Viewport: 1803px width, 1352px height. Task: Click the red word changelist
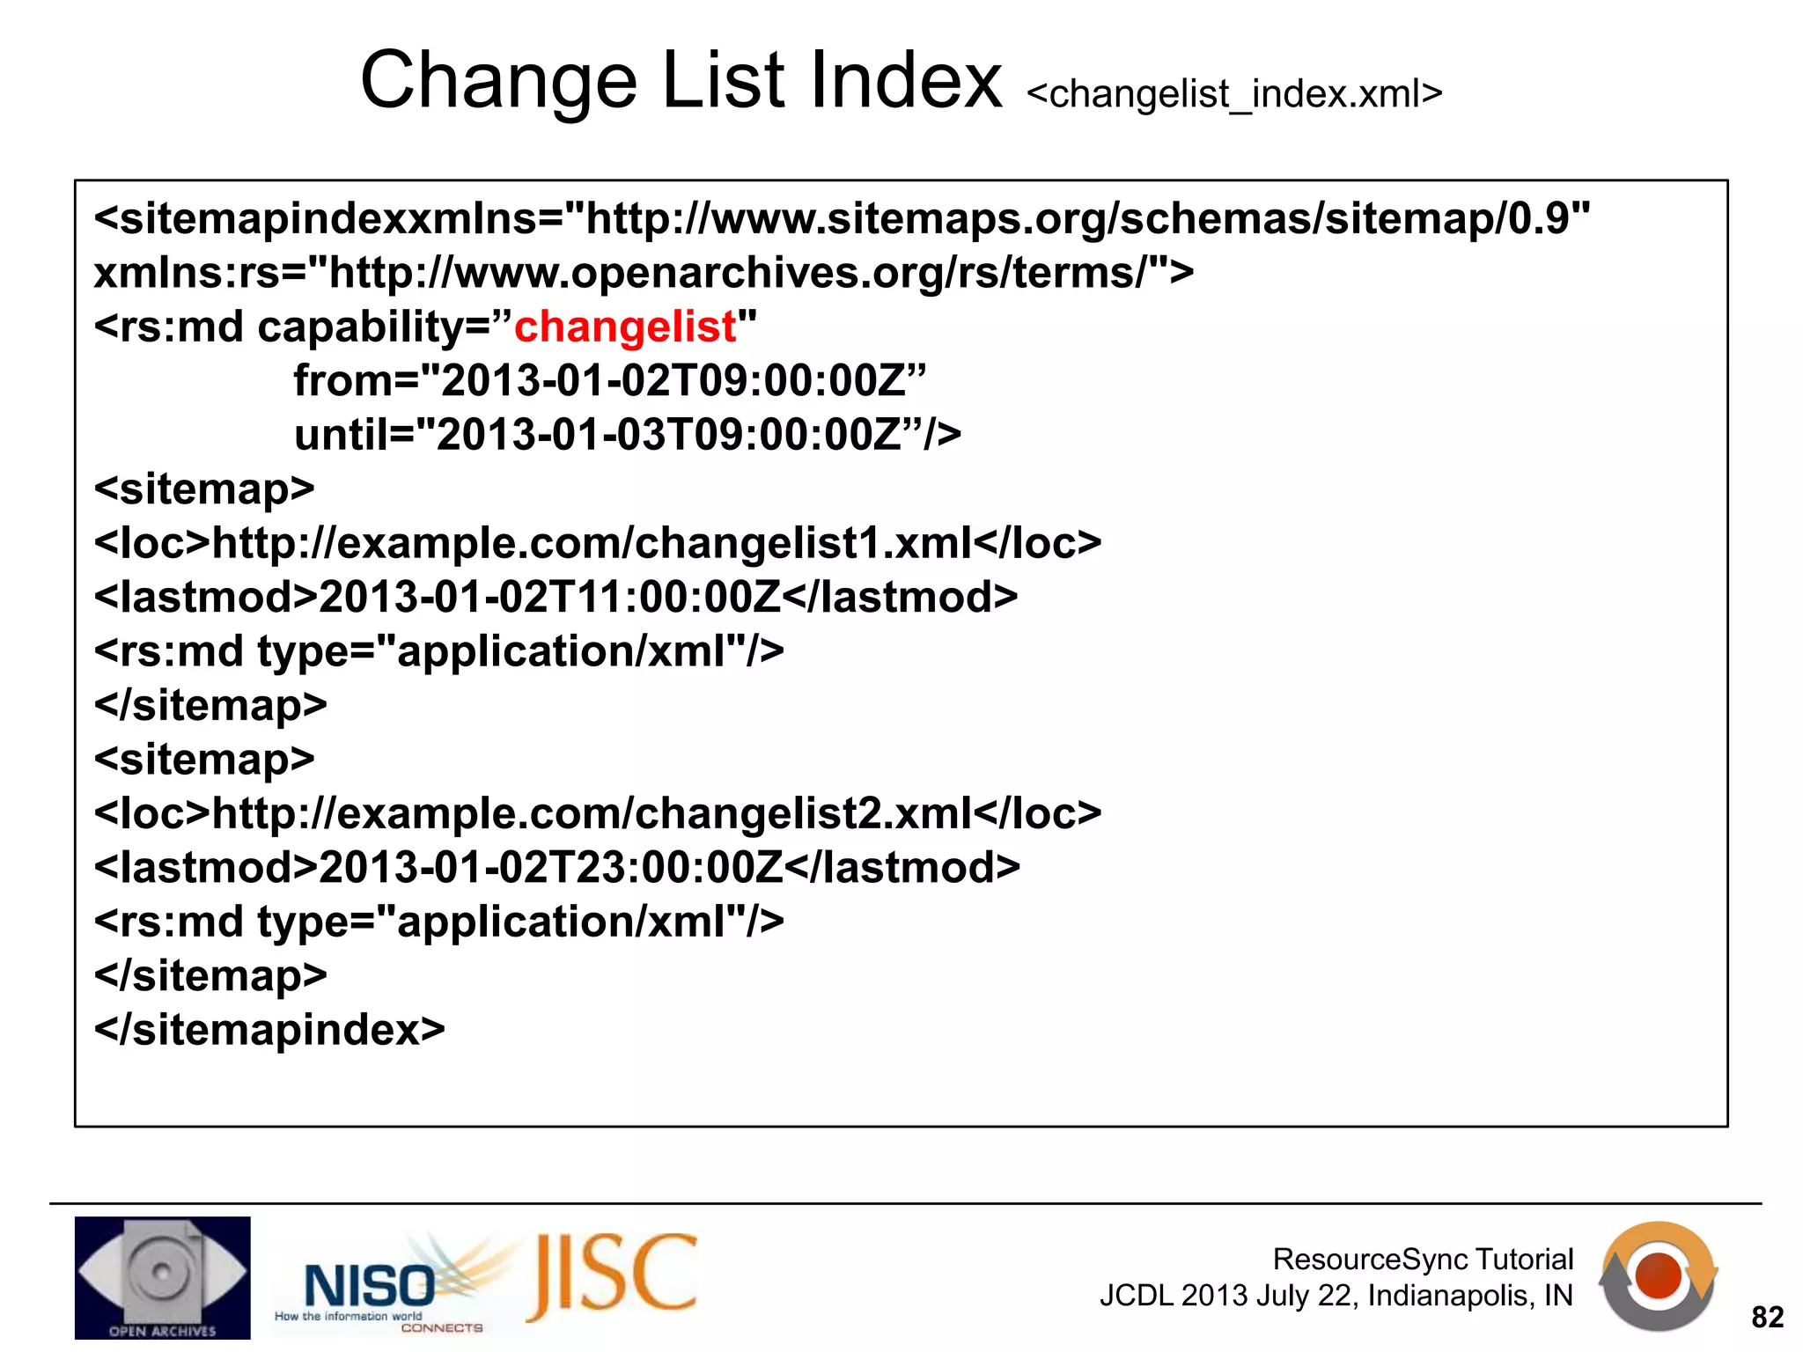[x=624, y=327]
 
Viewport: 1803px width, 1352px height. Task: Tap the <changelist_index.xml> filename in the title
[x=1234, y=93]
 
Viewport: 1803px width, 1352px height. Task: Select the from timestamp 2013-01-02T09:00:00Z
[x=673, y=381]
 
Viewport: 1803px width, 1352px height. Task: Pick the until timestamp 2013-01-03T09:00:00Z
[x=669, y=436]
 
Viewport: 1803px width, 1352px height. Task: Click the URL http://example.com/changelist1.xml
[x=592, y=543]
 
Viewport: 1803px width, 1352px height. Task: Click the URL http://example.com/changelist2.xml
[x=592, y=814]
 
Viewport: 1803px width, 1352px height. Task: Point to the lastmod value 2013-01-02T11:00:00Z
[x=549, y=598]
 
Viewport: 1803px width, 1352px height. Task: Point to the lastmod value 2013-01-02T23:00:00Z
[x=550, y=868]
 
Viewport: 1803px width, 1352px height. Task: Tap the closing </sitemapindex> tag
[x=269, y=1030]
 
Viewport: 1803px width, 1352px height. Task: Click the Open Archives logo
[x=163, y=1277]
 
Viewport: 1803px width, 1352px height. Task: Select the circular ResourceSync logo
[x=1658, y=1275]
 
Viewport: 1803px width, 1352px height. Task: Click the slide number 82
[x=1767, y=1318]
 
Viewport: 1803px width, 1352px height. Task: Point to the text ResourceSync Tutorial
[x=1423, y=1260]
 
